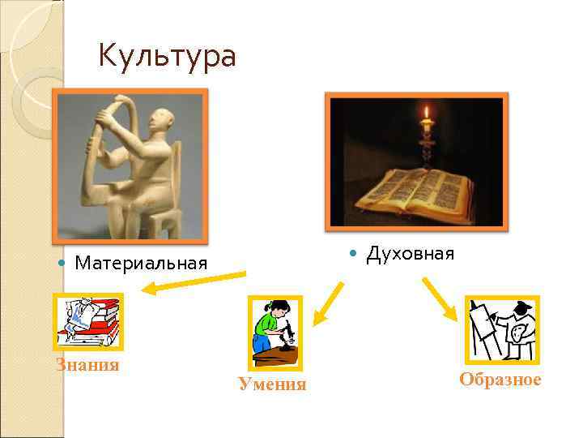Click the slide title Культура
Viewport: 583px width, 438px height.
point(167,57)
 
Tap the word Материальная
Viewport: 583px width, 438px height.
point(140,263)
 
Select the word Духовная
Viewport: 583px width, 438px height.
point(410,254)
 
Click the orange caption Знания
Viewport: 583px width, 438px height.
point(87,365)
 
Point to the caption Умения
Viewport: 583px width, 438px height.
point(272,384)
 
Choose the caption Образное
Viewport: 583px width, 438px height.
point(500,380)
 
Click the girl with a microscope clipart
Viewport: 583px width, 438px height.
point(274,333)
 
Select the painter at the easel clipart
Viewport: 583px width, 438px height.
point(501,328)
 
